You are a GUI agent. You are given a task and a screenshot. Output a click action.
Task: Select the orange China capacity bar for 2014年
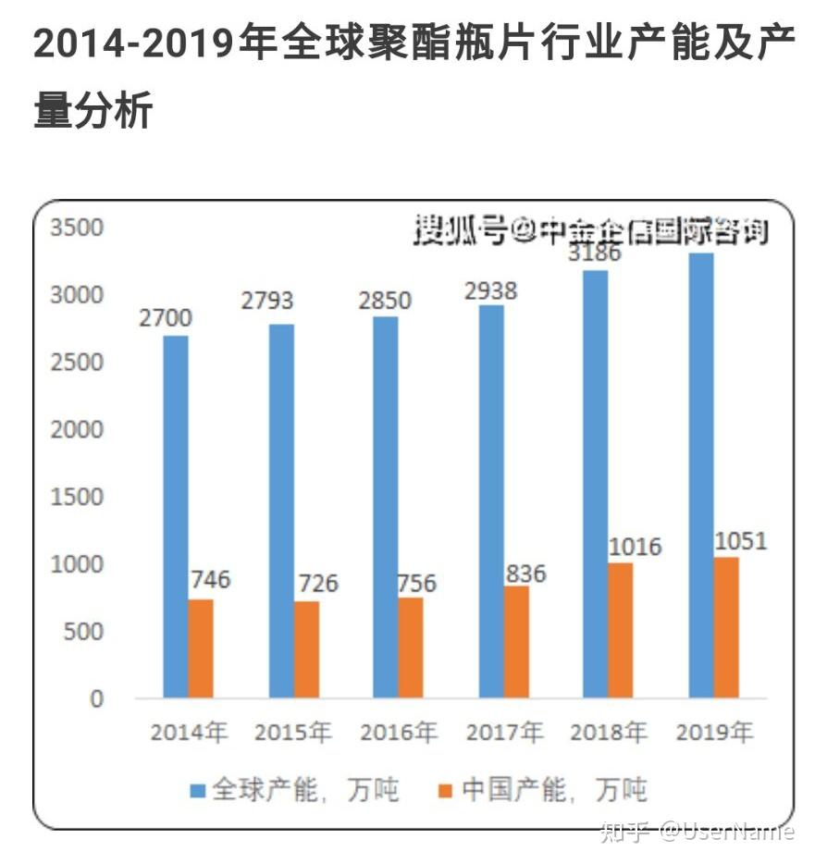(x=201, y=648)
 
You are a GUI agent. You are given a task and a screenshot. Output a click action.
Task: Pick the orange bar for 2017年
(x=517, y=642)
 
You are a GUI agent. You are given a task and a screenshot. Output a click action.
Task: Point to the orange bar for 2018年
(x=621, y=630)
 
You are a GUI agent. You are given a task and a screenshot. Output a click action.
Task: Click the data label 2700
(x=167, y=319)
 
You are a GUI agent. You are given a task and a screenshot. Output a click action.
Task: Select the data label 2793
(x=267, y=302)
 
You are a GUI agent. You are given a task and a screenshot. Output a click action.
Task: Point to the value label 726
(x=317, y=585)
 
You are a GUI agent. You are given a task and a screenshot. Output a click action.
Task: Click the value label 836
(x=525, y=574)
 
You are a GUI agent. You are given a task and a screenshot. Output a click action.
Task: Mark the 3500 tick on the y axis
(x=78, y=228)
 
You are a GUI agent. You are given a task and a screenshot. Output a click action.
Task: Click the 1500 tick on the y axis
(x=78, y=498)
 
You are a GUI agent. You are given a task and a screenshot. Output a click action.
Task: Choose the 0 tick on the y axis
(x=97, y=699)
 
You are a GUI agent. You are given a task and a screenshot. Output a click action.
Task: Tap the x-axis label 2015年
(x=293, y=734)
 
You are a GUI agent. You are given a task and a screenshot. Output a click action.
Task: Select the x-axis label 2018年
(x=609, y=734)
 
